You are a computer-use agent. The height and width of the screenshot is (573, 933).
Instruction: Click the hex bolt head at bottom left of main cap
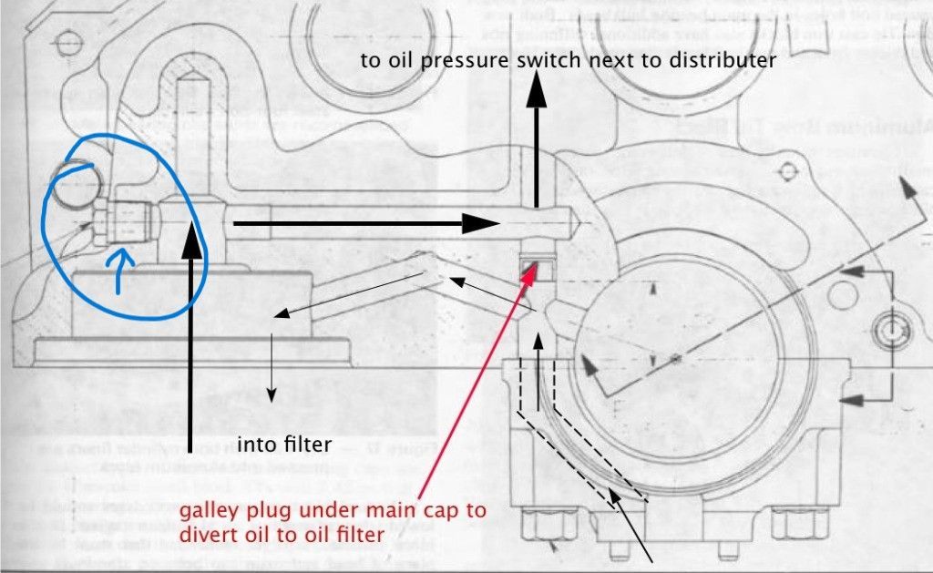[x=536, y=528]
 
